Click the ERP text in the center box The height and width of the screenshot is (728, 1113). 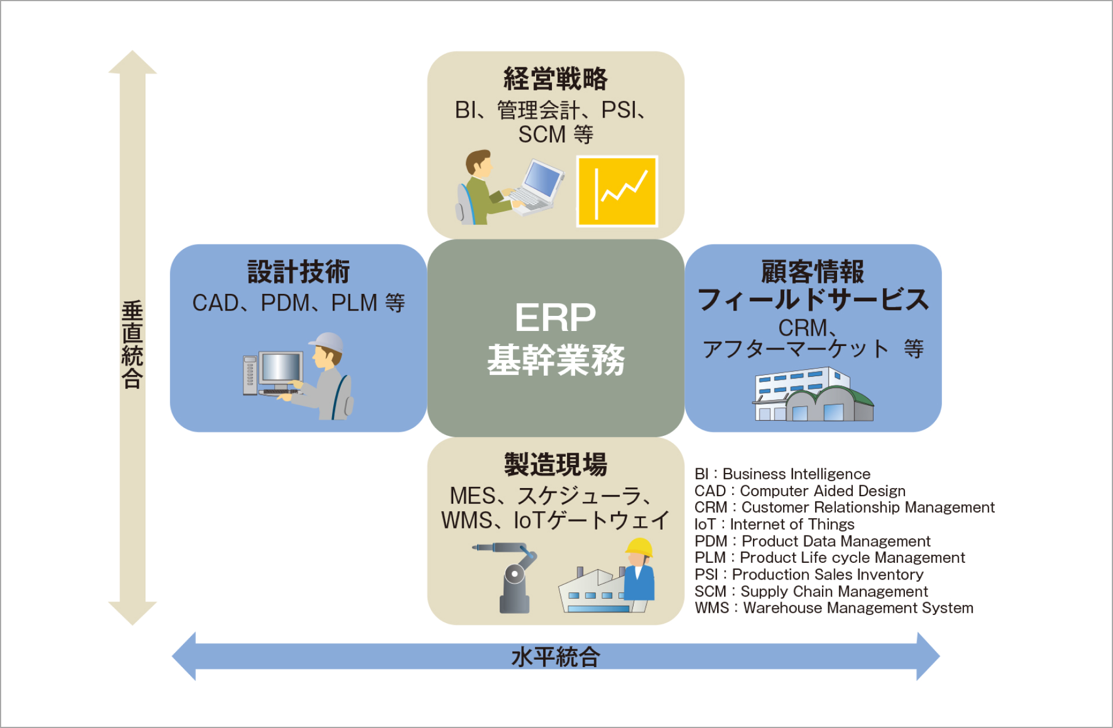coord(555,318)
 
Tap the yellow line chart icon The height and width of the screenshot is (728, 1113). coord(617,191)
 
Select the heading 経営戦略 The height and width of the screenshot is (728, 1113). coord(555,79)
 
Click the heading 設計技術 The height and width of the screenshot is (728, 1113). coord(299,272)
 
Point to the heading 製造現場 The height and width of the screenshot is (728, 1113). coord(555,465)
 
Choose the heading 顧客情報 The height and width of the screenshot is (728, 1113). coord(812,272)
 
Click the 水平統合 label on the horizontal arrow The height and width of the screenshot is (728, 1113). coord(555,657)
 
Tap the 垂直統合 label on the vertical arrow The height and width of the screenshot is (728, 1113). coord(132,344)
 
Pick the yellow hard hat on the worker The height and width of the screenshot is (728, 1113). coord(639,547)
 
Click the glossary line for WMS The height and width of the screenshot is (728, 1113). coord(834,608)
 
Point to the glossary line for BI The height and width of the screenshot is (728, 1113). coord(782,474)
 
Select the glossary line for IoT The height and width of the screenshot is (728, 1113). coord(774,525)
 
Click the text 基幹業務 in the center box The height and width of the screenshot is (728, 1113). coord(555,360)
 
